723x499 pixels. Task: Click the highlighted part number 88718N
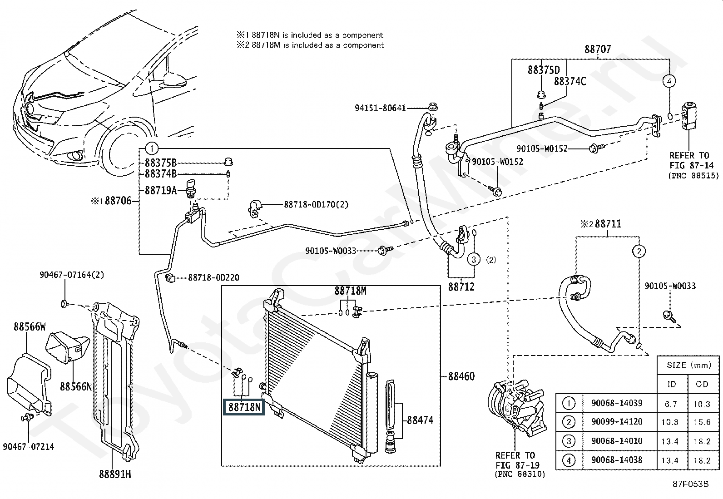245,407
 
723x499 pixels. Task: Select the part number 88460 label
461,376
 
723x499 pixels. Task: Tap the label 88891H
115,474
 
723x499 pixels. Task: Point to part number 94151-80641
380,108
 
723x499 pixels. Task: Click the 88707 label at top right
597,49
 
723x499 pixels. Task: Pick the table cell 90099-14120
616,422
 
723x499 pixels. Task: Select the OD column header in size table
702,384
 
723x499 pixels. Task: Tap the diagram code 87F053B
690,484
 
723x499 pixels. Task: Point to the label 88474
420,420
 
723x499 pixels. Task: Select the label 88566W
30,326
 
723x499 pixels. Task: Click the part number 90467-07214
28,447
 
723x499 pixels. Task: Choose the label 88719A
160,191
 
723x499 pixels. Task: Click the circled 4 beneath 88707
669,81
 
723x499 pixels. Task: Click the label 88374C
569,81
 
